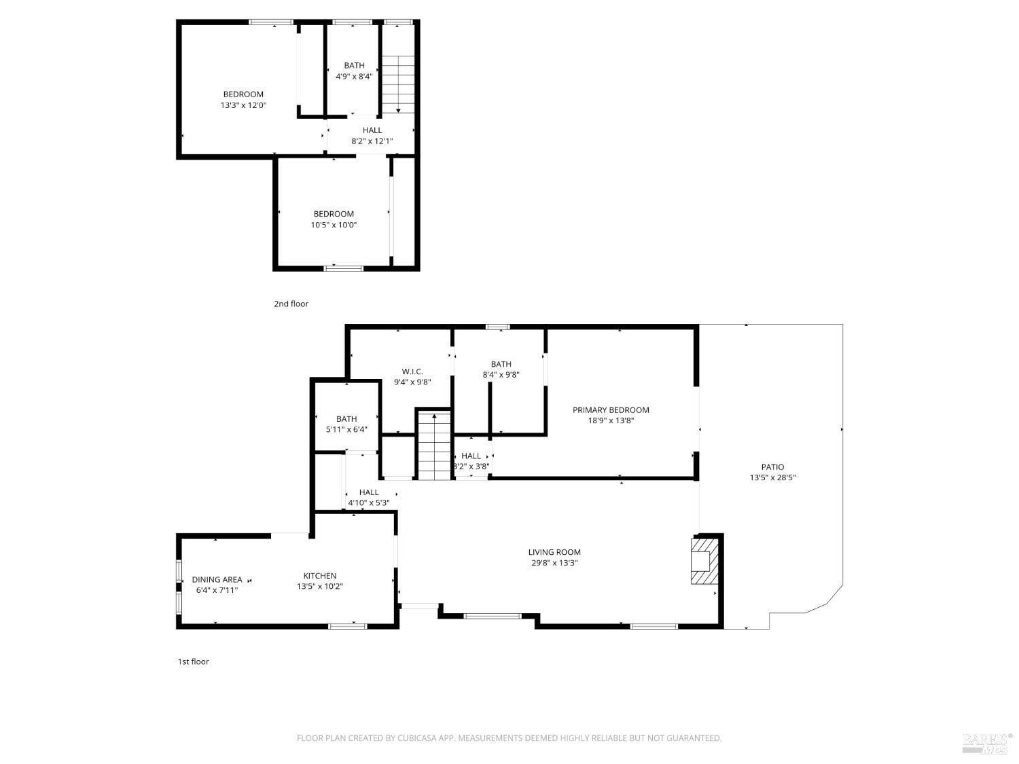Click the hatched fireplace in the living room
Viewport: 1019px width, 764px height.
coord(704,561)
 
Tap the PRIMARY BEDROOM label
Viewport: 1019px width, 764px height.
coord(611,410)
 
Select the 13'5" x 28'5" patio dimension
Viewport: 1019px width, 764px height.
coord(772,477)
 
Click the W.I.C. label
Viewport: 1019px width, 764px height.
coord(412,371)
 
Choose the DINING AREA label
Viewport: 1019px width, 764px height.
coord(217,579)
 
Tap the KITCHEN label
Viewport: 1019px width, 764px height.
coord(320,576)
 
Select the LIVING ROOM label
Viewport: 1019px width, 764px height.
coord(554,552)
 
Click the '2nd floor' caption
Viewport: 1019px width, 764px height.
coord(291,304)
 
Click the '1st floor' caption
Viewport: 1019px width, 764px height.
coord(194,661)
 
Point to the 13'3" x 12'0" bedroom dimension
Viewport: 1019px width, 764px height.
coord(243,105)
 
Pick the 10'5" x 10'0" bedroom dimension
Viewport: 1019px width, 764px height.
coord(334,225)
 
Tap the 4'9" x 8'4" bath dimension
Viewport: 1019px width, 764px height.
coord(354,77)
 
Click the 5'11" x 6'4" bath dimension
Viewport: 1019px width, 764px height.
coord(346,429)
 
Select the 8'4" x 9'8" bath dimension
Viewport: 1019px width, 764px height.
coord(501,375)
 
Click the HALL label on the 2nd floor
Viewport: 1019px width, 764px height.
coord(372,130)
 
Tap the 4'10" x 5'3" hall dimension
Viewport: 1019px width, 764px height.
coord(369,503)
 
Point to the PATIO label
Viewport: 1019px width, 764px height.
coord(772,467)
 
